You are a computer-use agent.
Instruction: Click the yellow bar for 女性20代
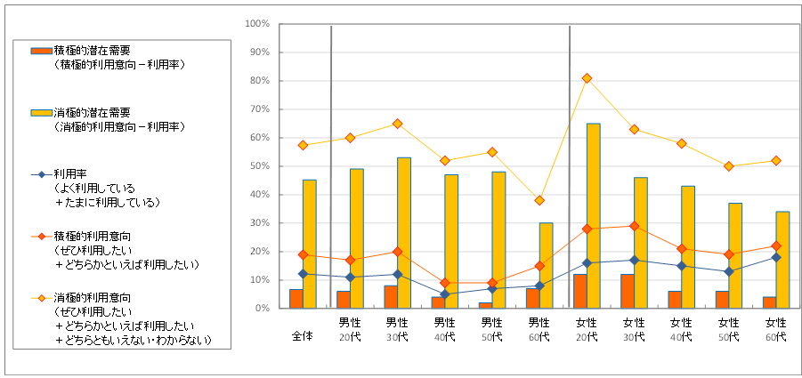pos(593,216)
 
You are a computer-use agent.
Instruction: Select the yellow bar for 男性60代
pos(546,265)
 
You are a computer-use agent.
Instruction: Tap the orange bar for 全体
pos(296,299)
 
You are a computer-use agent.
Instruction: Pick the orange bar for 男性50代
pos(486,305)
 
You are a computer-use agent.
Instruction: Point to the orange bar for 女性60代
pos(770,302)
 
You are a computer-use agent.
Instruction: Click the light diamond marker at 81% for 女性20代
pos(587,78)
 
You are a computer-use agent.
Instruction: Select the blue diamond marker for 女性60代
pos(776,257)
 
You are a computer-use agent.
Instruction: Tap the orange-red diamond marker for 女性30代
pos(634,226)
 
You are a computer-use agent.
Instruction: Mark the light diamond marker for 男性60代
pos(539,200)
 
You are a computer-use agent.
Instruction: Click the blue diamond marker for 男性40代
pos(444,294)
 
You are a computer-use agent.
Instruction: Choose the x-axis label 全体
pos(303,337)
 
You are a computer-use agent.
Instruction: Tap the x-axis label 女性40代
pos(681,329)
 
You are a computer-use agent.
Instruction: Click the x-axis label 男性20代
pos(350,329)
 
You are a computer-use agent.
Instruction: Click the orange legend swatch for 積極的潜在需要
pos(41,51)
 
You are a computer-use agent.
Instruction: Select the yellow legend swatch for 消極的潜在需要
pos(41,113)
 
